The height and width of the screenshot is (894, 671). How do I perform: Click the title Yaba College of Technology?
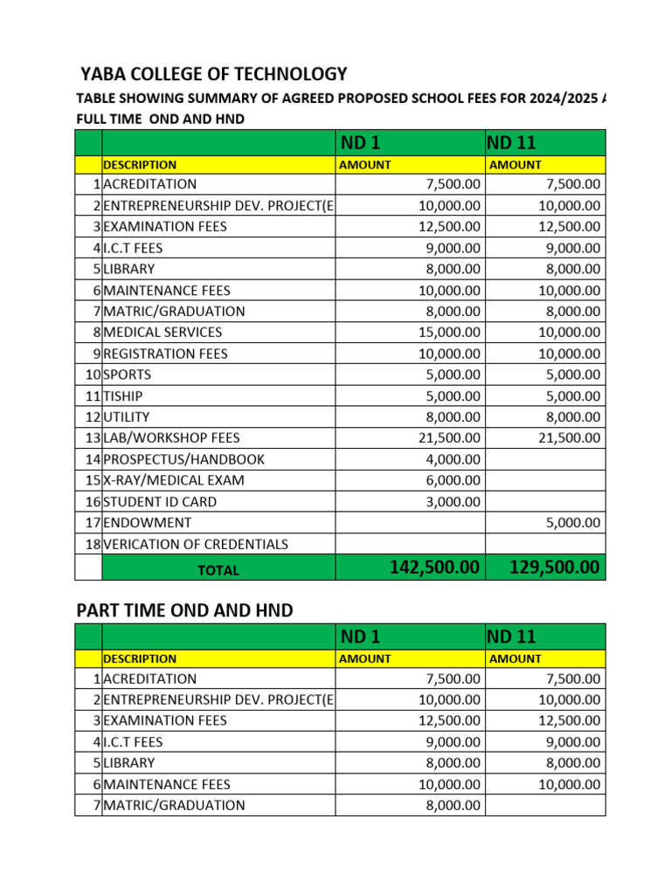(x=213, y=74)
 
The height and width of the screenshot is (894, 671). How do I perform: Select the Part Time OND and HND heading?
(x=184, y=610)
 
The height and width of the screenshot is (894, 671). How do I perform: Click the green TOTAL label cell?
(x=218, y=569)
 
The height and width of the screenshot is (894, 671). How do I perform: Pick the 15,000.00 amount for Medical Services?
(x=449, y=332)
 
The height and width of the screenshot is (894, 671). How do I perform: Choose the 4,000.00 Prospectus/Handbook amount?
(x=453, y=459)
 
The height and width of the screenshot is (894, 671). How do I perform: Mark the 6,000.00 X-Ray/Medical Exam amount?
(x=453, y=480)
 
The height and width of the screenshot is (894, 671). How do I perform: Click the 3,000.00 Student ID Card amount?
(x=453, y=502)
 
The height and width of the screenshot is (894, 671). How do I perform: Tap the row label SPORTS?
(x=127, y=375)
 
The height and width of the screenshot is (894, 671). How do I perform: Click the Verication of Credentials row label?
(x=195, y=544)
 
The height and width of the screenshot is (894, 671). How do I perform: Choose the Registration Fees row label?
(x=165, y=354)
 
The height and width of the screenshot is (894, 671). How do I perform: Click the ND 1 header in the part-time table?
(x=360, y=636)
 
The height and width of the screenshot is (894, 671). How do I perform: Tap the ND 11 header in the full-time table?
(x=511, y=141)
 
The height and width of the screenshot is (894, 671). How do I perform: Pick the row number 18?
(x=92, y=544)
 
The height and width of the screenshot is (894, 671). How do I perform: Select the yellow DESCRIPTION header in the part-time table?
(x=140, y=659)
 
